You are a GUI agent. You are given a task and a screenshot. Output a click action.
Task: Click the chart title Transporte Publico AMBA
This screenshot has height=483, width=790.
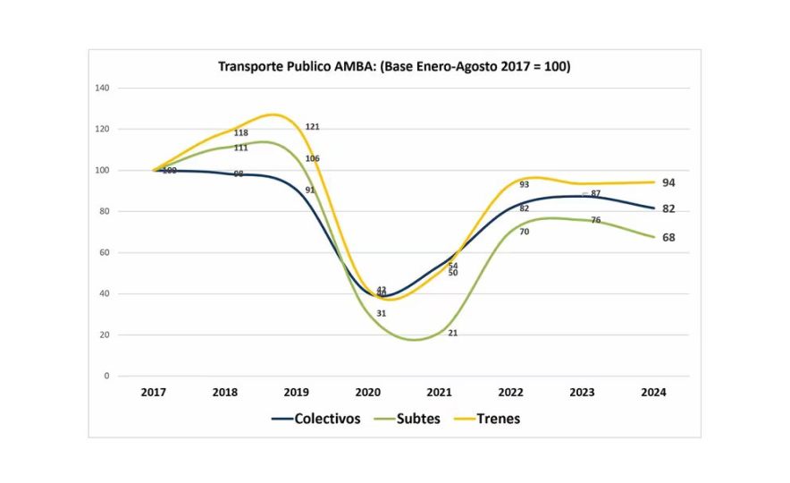[394, 67]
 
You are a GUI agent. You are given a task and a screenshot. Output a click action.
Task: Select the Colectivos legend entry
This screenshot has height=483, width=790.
[316, 419]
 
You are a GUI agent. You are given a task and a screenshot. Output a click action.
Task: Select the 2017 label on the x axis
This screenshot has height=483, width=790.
[155, 393]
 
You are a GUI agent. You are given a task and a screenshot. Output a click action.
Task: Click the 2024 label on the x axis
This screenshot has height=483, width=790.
[653, 393]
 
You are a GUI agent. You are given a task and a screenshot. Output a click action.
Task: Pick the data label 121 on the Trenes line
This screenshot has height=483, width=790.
[313, 127]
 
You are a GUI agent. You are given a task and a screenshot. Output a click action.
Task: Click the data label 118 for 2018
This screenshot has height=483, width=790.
[240, 133]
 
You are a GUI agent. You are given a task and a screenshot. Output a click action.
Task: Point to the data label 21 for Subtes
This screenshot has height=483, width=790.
[453, 333]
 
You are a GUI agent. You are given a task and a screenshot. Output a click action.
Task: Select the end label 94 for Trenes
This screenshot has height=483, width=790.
[668, 182]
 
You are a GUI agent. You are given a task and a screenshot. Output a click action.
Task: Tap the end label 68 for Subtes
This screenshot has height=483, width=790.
[668, 238]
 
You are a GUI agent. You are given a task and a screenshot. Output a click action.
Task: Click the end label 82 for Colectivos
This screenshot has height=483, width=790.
[668, 208]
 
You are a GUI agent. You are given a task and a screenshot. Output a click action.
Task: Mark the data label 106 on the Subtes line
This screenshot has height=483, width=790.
[313, 158]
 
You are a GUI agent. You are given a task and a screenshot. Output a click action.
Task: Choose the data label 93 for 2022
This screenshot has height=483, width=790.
[524, 185]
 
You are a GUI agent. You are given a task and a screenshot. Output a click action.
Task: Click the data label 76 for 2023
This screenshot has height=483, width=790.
[595, 220]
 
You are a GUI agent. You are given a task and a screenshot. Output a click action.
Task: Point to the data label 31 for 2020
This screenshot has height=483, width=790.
[381, 313]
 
